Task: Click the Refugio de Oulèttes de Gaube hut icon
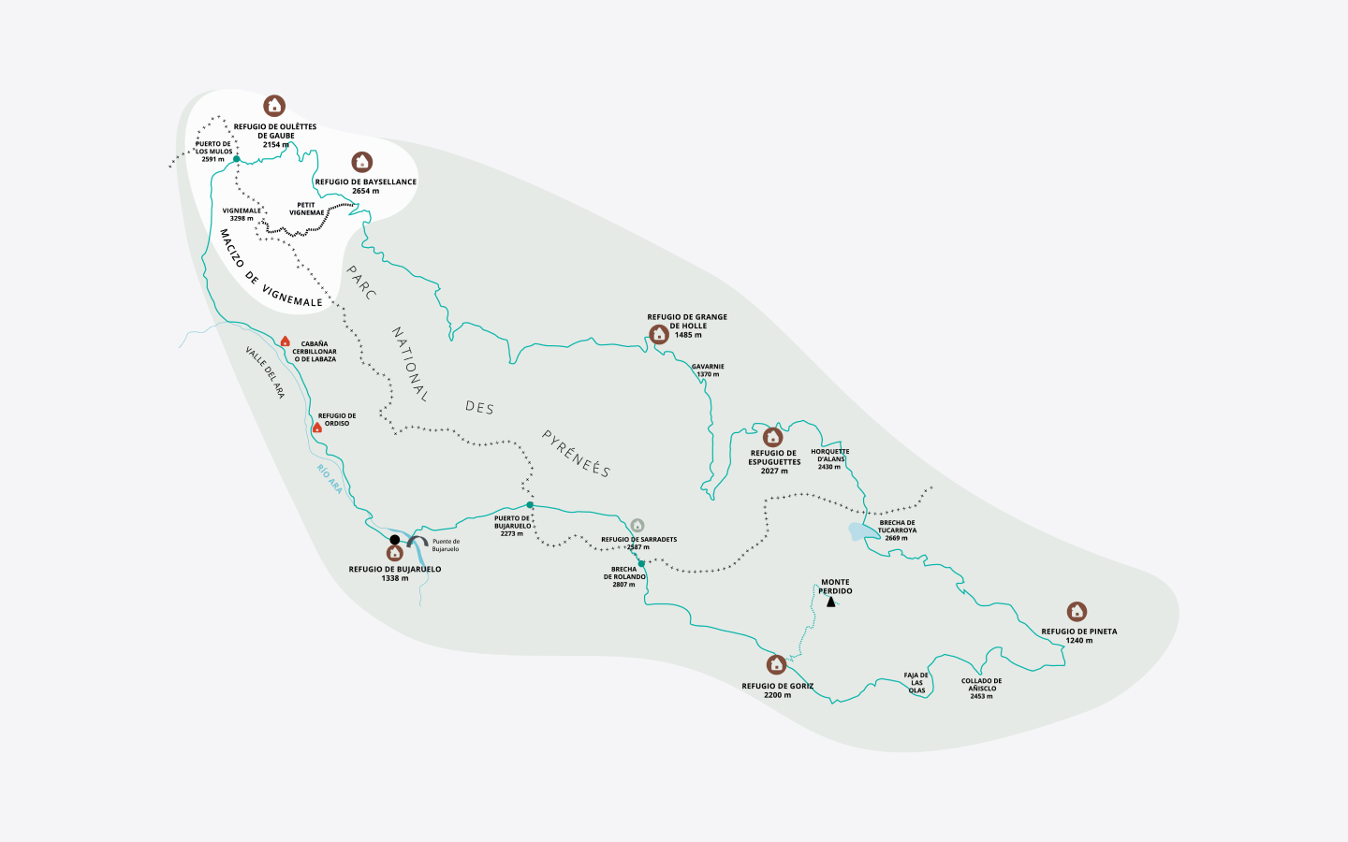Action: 273,105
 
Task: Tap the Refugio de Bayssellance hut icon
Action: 362,162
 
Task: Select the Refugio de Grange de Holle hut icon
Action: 659,334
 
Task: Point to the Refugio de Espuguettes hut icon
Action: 772,437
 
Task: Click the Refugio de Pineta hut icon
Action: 1077,612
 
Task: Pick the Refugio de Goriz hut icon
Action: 776,664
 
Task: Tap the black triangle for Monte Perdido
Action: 830,602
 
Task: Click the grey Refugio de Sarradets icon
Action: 637,526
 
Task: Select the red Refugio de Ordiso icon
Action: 317,428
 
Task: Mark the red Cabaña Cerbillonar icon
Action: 286,341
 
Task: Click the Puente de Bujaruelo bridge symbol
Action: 418,542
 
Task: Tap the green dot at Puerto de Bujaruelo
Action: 530,505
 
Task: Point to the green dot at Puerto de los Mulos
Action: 237,159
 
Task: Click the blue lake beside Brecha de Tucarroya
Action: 861,532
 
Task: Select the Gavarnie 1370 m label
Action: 708,370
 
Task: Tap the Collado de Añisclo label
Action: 981,689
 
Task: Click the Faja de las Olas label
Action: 916,683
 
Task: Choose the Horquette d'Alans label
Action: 829,458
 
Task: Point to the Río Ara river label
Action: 330,479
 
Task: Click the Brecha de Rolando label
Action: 624,576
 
